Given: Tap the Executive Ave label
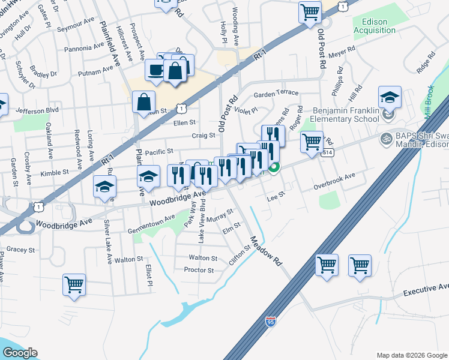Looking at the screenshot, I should tap(426, 291).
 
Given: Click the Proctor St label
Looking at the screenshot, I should tap(199, 271).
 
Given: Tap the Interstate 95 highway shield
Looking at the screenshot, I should tap(270, 322).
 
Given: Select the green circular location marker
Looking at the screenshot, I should tap(274, 167).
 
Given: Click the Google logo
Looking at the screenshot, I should tap(20, 353).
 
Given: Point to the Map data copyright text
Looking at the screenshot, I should tap(411, 355).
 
